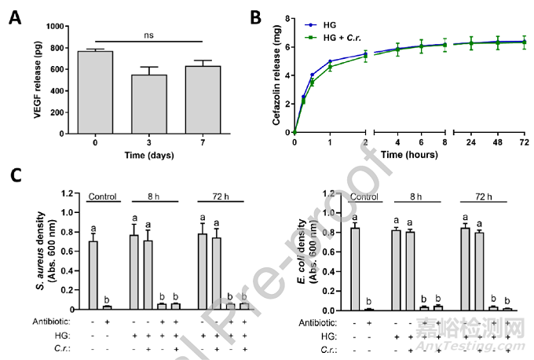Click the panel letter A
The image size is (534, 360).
pyautogui.click(x=16, y=16)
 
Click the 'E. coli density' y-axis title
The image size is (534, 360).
pyautogui.click(x=325, y=249)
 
